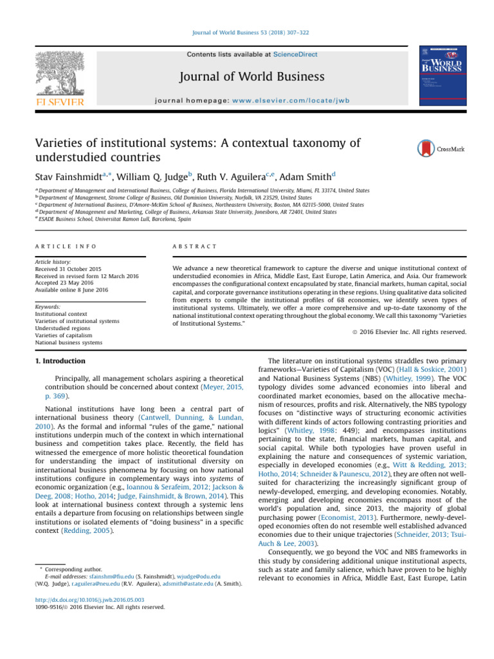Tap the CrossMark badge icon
[x=426, y=149]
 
